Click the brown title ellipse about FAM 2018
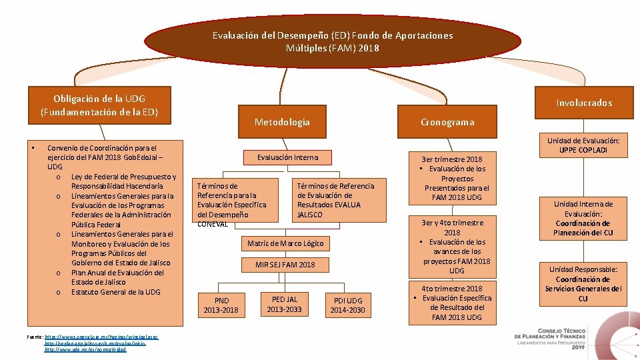[x=332, y=41]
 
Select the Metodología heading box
[x=282, y=122]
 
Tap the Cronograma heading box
[x=447, y=122]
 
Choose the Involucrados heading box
[x=584, y=102]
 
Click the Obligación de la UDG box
[x=99, y=105]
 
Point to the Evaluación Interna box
[x=287, y=157]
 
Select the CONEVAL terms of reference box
[x=237, y=201]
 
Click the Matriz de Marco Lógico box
[x=285, y=243]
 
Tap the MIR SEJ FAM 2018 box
[x=285, y=265]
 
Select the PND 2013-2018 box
[x=221, y=305]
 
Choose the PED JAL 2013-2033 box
[x=284, y=303]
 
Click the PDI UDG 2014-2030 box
[x=347, y=305]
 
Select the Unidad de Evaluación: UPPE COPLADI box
[x=583, y=145]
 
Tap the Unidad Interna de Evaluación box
[x=583, y=219]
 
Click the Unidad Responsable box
[x=583, y=283]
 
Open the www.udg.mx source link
[x=85, y=349]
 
